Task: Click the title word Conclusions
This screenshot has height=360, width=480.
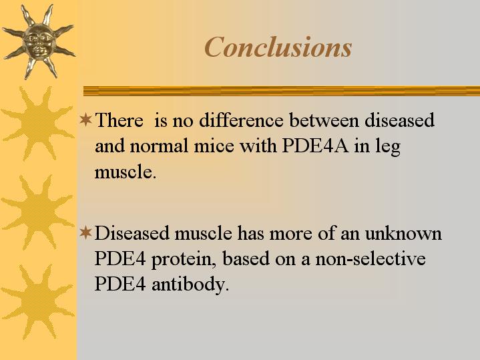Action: pos(278,47)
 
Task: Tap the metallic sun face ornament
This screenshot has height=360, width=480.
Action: pos(39,41)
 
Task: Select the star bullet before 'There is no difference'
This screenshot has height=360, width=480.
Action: pos(85,120)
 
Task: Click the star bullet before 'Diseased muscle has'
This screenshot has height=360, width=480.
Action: pos(85,232)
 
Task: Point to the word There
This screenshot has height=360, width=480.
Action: pos(119,120)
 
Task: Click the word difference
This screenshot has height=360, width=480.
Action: pos(241,120)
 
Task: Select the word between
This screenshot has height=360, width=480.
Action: pos(324,120)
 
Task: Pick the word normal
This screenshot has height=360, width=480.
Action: pos(159,146)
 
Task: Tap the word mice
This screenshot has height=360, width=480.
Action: pos(214,146)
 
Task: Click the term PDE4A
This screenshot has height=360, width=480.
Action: pos(315,146)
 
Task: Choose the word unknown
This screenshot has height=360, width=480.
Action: pos(403,233)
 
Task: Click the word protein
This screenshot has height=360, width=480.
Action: pos(184,260)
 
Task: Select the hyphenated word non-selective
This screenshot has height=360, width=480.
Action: pos(371,258)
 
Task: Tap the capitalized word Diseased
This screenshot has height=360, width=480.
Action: pos(132,233)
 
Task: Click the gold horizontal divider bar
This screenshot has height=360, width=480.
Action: pos(282,91)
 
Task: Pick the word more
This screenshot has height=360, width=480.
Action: pos(291,234)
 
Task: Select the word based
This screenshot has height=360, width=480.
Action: pos(246,258)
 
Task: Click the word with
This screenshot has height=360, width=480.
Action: pos(258,146)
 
